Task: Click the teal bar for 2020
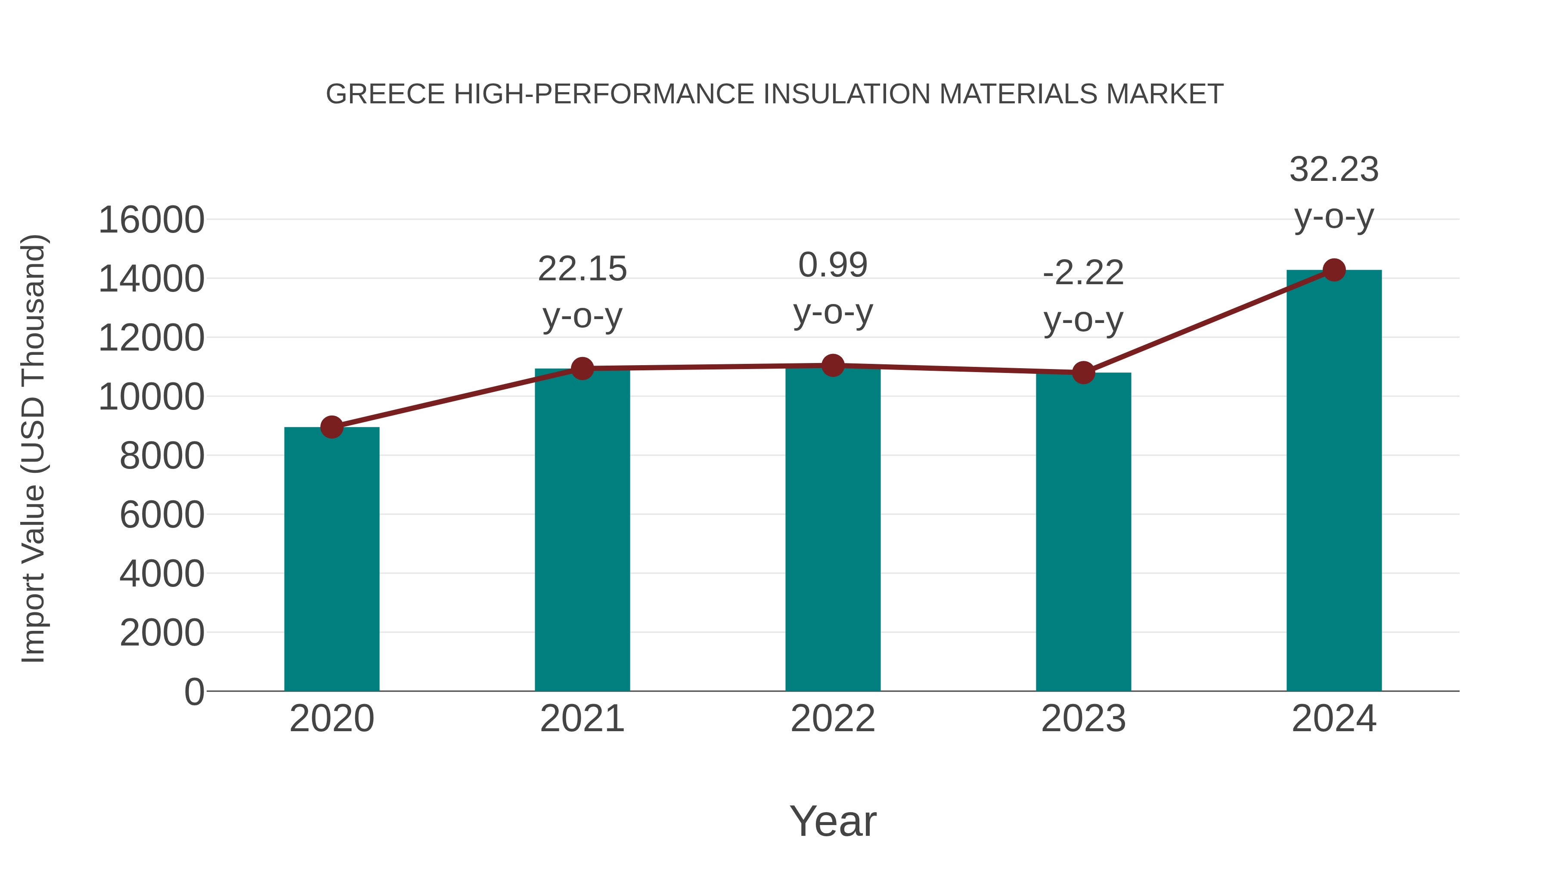click(x=332, y=560)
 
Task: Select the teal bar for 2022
click(x=833, y=530)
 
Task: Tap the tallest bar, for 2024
click(x=1334, y=481)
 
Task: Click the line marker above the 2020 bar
click(x=332, y=427)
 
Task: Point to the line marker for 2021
click(x=582, y=368)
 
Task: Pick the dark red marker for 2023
click(x=1083, y=372)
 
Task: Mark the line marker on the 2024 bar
click(x=1334, y=270)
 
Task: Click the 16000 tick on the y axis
click(x=151, y=220)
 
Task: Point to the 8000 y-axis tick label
click(x=161, y=456)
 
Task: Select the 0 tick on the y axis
click(x=194, y=692)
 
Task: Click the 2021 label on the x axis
click(x=582, y=719)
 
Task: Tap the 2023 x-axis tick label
click(x=1083, y=719)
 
